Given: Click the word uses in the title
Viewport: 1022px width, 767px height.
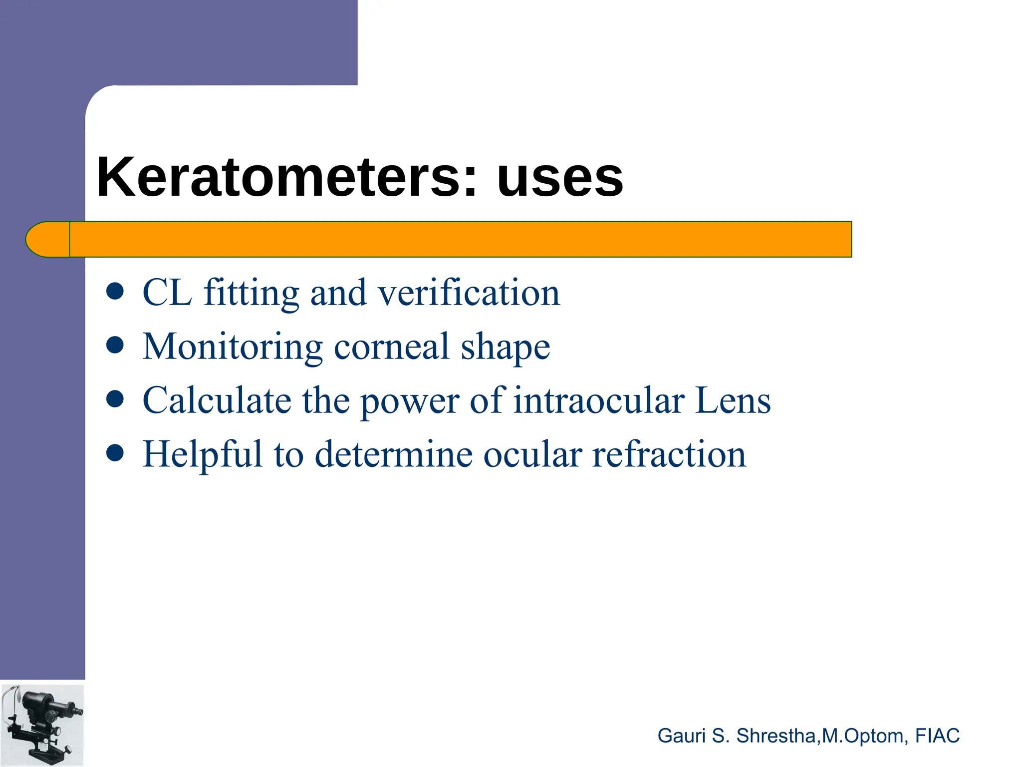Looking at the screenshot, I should point(560,178).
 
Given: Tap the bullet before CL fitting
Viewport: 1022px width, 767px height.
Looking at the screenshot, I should point(115,292).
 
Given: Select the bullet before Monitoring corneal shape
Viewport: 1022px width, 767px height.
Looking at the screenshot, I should point(115,346).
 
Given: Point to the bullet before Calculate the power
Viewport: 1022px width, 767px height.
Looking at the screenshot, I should point(115,399).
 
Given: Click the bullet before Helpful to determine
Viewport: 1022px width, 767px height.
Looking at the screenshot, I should point(115,453).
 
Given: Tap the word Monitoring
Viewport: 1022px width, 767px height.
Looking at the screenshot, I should point(233,348).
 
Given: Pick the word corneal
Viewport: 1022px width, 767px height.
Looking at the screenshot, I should point(392,347).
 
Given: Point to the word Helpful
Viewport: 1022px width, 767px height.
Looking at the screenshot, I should point(203,454).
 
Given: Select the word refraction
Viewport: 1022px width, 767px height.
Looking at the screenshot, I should point(669,454).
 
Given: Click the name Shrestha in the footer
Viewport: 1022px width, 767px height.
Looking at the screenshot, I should point(775,736).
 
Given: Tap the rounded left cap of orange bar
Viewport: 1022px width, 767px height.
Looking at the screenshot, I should point(48,239).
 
